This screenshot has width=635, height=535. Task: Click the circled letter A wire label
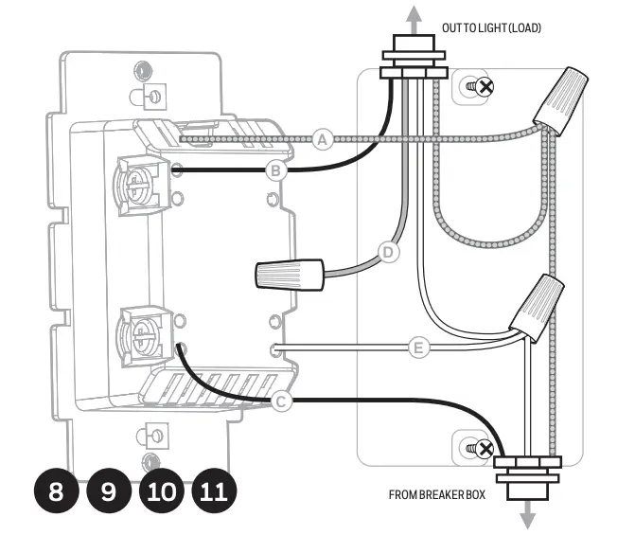[324, 139]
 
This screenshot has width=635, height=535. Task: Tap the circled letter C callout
[281, 401]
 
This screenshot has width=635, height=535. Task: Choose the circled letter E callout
[417, 348]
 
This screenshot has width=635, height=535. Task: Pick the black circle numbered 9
[110, 491]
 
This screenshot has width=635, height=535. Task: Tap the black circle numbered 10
[162, 491]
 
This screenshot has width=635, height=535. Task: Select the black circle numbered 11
[214, 491]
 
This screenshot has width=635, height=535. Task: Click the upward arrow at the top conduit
[413, 16]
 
